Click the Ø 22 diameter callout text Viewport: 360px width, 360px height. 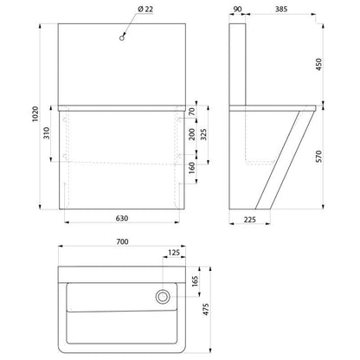[145, 10]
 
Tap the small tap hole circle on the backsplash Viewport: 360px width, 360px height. [122, 38]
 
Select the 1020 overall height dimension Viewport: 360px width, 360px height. [35, 114]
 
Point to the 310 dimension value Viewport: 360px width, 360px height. [47, 133]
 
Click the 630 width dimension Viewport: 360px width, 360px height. [122, 218]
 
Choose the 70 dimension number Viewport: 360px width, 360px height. [192, 112]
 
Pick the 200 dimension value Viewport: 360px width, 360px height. [192, 134]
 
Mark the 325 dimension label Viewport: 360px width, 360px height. [203, 134]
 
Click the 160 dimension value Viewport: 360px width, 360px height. [192, 168]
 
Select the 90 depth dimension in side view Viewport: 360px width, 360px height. [237, 10]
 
